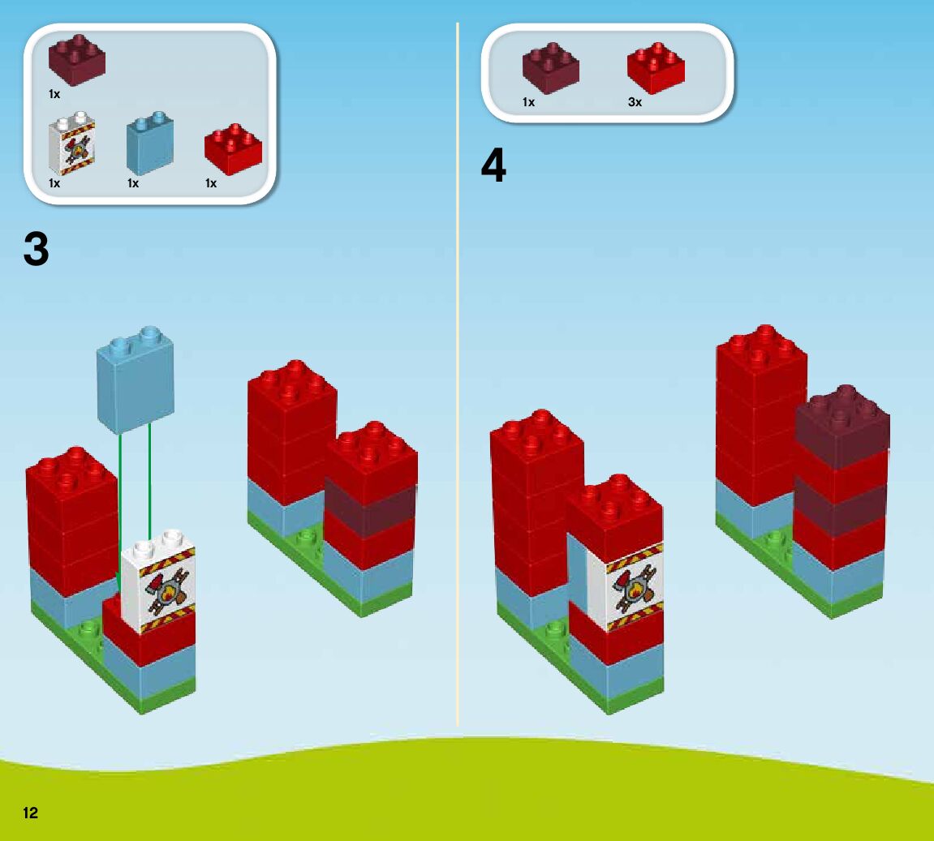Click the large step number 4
(493, 166)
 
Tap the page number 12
(31, 813)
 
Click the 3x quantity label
(635, 102)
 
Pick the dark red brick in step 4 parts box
(550, 68)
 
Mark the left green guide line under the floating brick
(119, 511)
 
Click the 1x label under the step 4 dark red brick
(528, 102)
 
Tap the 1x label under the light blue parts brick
(133, 183)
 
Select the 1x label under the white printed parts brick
(54, 183)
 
